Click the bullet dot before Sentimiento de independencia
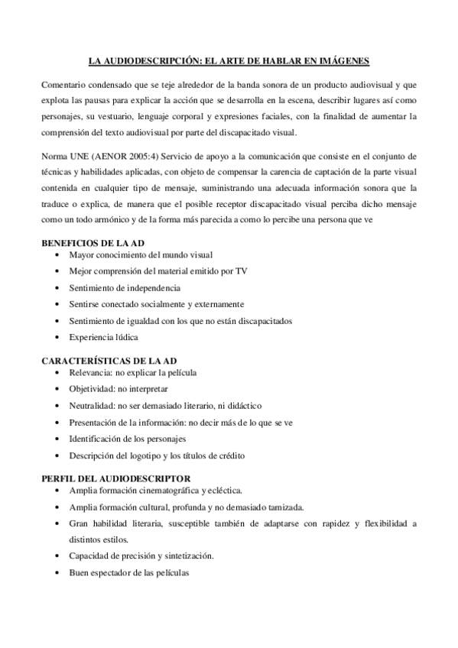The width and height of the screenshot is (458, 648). (59, 288)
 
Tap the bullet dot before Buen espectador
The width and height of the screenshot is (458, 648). (59, 573)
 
